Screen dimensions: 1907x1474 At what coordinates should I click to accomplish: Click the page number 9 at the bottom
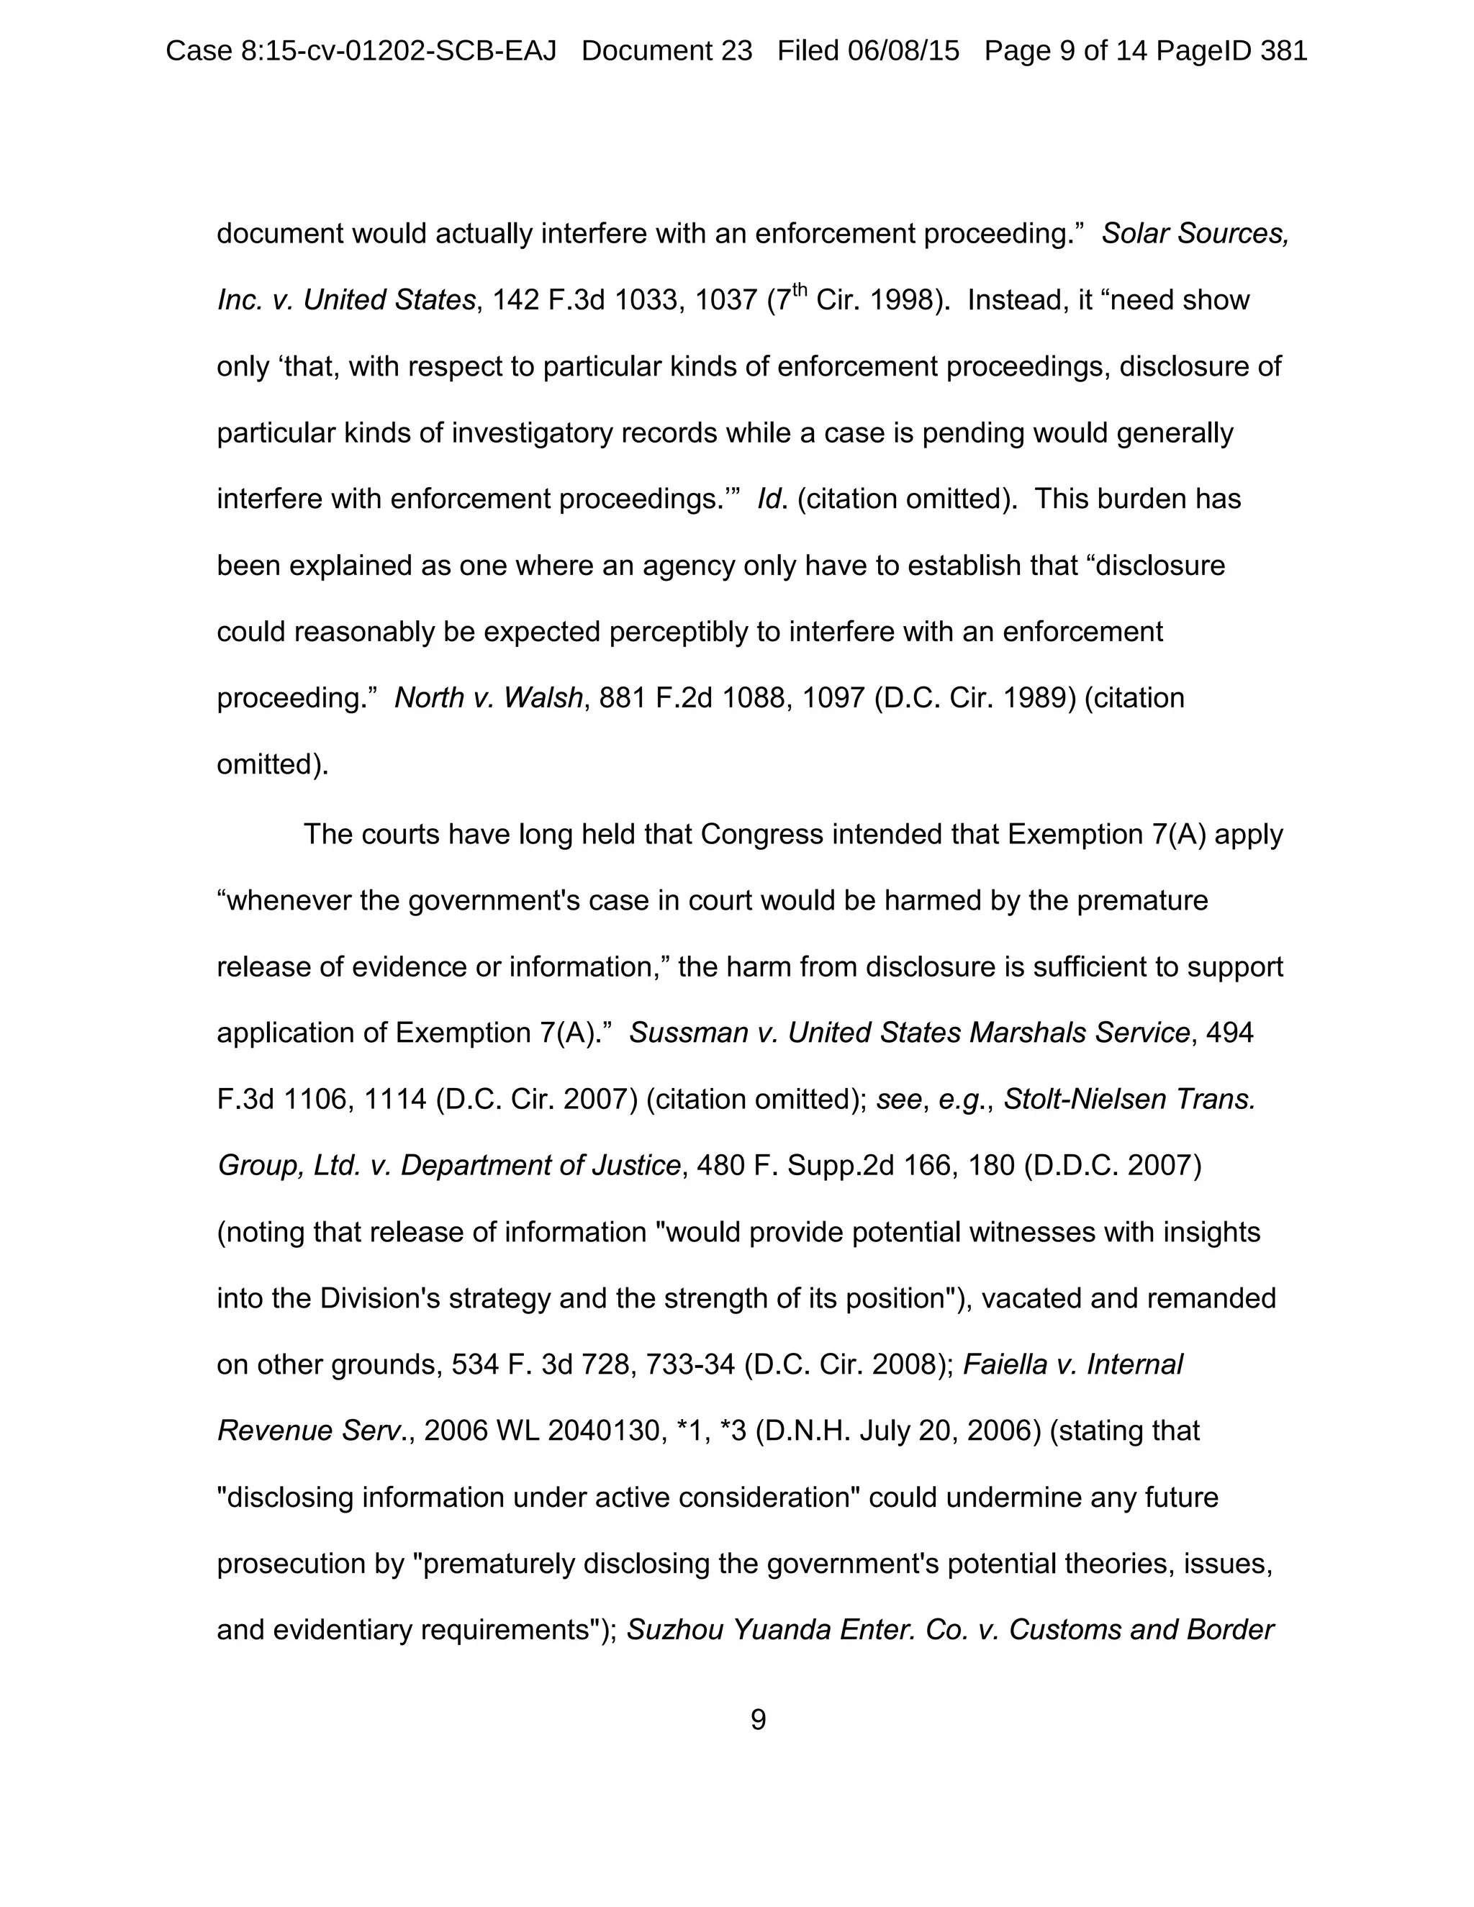coord(758,1719)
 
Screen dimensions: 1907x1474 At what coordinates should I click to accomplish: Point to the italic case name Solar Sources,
coord(1195,234)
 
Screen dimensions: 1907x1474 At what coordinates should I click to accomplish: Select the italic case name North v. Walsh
coord(488,697)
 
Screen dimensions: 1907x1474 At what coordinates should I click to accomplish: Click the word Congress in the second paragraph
coord(761,834)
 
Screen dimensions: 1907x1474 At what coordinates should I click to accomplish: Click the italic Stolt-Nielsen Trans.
coord(1129,1100)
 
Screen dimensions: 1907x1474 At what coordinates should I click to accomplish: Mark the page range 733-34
coord(689,1364)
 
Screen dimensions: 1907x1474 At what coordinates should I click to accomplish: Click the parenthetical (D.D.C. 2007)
coord(1111,1166)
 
